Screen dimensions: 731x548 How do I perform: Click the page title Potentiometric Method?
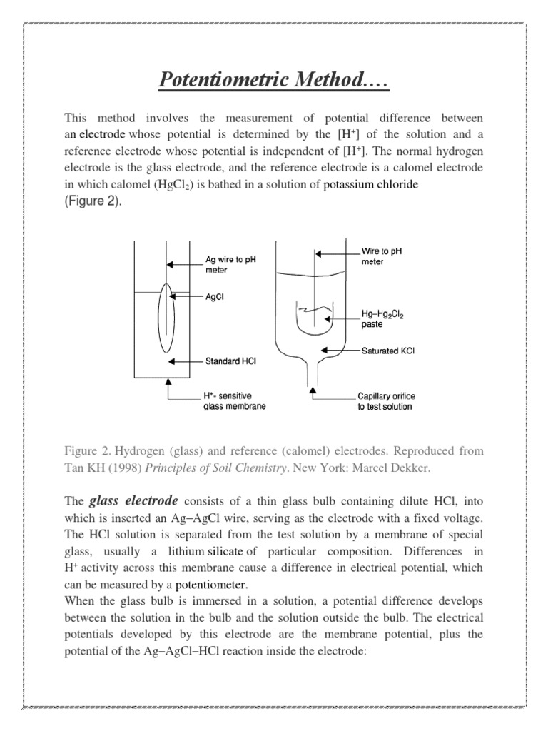coord(273,81)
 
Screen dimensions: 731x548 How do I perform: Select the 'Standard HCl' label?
coord(230,362)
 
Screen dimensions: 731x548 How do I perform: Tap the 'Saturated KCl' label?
coord(389,351)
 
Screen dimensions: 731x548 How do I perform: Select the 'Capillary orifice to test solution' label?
coord(385,400)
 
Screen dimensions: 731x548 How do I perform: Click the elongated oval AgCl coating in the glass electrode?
coord(167,318)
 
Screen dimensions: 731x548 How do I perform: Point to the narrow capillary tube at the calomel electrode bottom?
coord(311,372)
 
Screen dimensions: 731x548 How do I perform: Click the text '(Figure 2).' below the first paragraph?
coord(93,201)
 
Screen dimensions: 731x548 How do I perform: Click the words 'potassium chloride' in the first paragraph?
coord(371,185)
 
